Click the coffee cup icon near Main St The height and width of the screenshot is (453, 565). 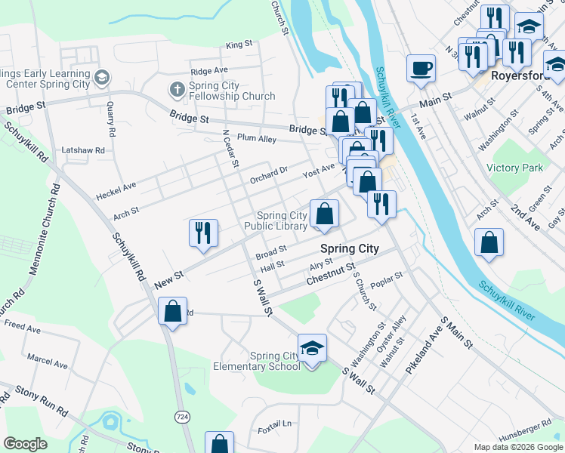click(x=421, y=68)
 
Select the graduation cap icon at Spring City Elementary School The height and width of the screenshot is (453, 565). click(x=312, y=348)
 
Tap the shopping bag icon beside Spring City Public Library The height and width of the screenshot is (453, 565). click(x=324, y=214)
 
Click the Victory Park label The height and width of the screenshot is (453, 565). click(x=515, y=167)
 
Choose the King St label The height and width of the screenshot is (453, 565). click(x=239, y=45)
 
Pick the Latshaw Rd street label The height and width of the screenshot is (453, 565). click(x=83, y=150)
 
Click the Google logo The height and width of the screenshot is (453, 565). click(x=25, y=443)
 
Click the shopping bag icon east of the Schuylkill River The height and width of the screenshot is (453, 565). click(x=489, y=243)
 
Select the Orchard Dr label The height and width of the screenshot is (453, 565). click(x=269, y=175)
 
